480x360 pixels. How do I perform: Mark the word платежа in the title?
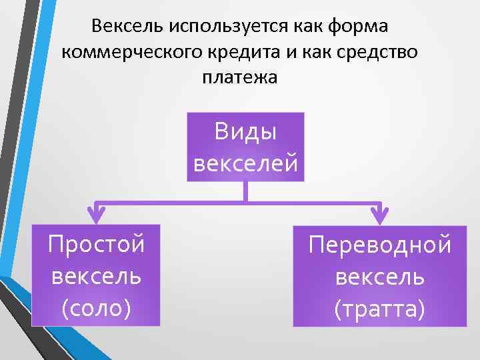pyautogui.click(x=239, y=77)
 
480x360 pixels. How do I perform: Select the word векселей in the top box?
pyautogui.click(x=246, y=163)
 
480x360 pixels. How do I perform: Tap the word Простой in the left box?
pyautogui.click(x=96, y=244)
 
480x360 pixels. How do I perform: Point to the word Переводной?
pyautogui.click(x=380, y=244)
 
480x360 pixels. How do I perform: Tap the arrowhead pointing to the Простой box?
pyautogui.click(x=97, y=215)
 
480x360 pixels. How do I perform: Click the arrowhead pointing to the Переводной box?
pyautogui.click(x=379, y=215)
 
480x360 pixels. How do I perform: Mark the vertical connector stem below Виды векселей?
pyautogui.click(x=246, y=191)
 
